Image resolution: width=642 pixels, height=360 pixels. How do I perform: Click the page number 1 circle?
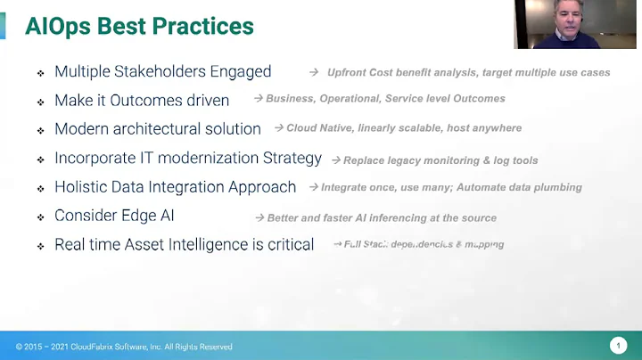pyautogui.click(x=618, y=346)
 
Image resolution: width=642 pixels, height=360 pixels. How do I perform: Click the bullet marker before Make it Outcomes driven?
pyautogui.click(x=40, y=102)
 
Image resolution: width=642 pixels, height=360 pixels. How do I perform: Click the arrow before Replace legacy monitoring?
pyautogui.click(x=336, y=160)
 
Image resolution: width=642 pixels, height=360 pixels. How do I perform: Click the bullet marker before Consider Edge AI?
pyautogui.click(x=40, y=217)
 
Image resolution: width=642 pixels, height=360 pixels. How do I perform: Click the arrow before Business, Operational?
pyautogui.click(x=259, y=99)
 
